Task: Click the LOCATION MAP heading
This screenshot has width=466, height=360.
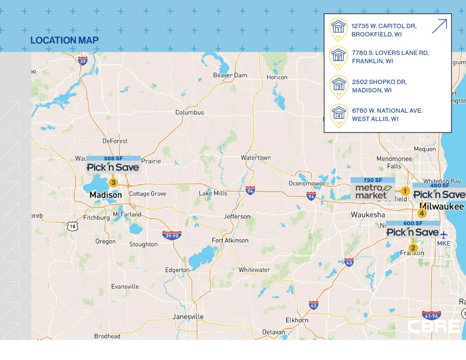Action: pos(64,40)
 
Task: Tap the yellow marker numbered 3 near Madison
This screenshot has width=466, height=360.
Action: pos(113,183)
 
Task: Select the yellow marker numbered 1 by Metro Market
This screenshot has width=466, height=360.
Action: pos(405,191)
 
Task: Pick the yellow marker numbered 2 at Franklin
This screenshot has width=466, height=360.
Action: pos(413,248)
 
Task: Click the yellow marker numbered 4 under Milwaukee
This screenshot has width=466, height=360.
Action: pos(422,213)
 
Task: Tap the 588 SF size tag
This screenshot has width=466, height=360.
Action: pos(113,158)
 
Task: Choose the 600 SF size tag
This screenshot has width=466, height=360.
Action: pos(413,223)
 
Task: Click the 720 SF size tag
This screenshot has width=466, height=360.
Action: pos(373,180)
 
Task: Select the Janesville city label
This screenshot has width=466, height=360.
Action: pos(188,316)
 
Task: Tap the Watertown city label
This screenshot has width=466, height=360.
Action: pos(255,157)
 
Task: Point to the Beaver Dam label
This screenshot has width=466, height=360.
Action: pos(230,75)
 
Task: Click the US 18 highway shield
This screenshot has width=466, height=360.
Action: pos(73,226)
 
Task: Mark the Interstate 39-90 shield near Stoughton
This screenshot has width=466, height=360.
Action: pos(172,235)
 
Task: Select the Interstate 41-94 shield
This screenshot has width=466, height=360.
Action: pos(431,315)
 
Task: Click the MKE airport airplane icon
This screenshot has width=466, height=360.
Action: pos(444,235)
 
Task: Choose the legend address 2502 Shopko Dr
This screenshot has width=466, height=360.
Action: pos(379,86)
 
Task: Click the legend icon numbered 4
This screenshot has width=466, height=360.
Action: pos(339,115)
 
